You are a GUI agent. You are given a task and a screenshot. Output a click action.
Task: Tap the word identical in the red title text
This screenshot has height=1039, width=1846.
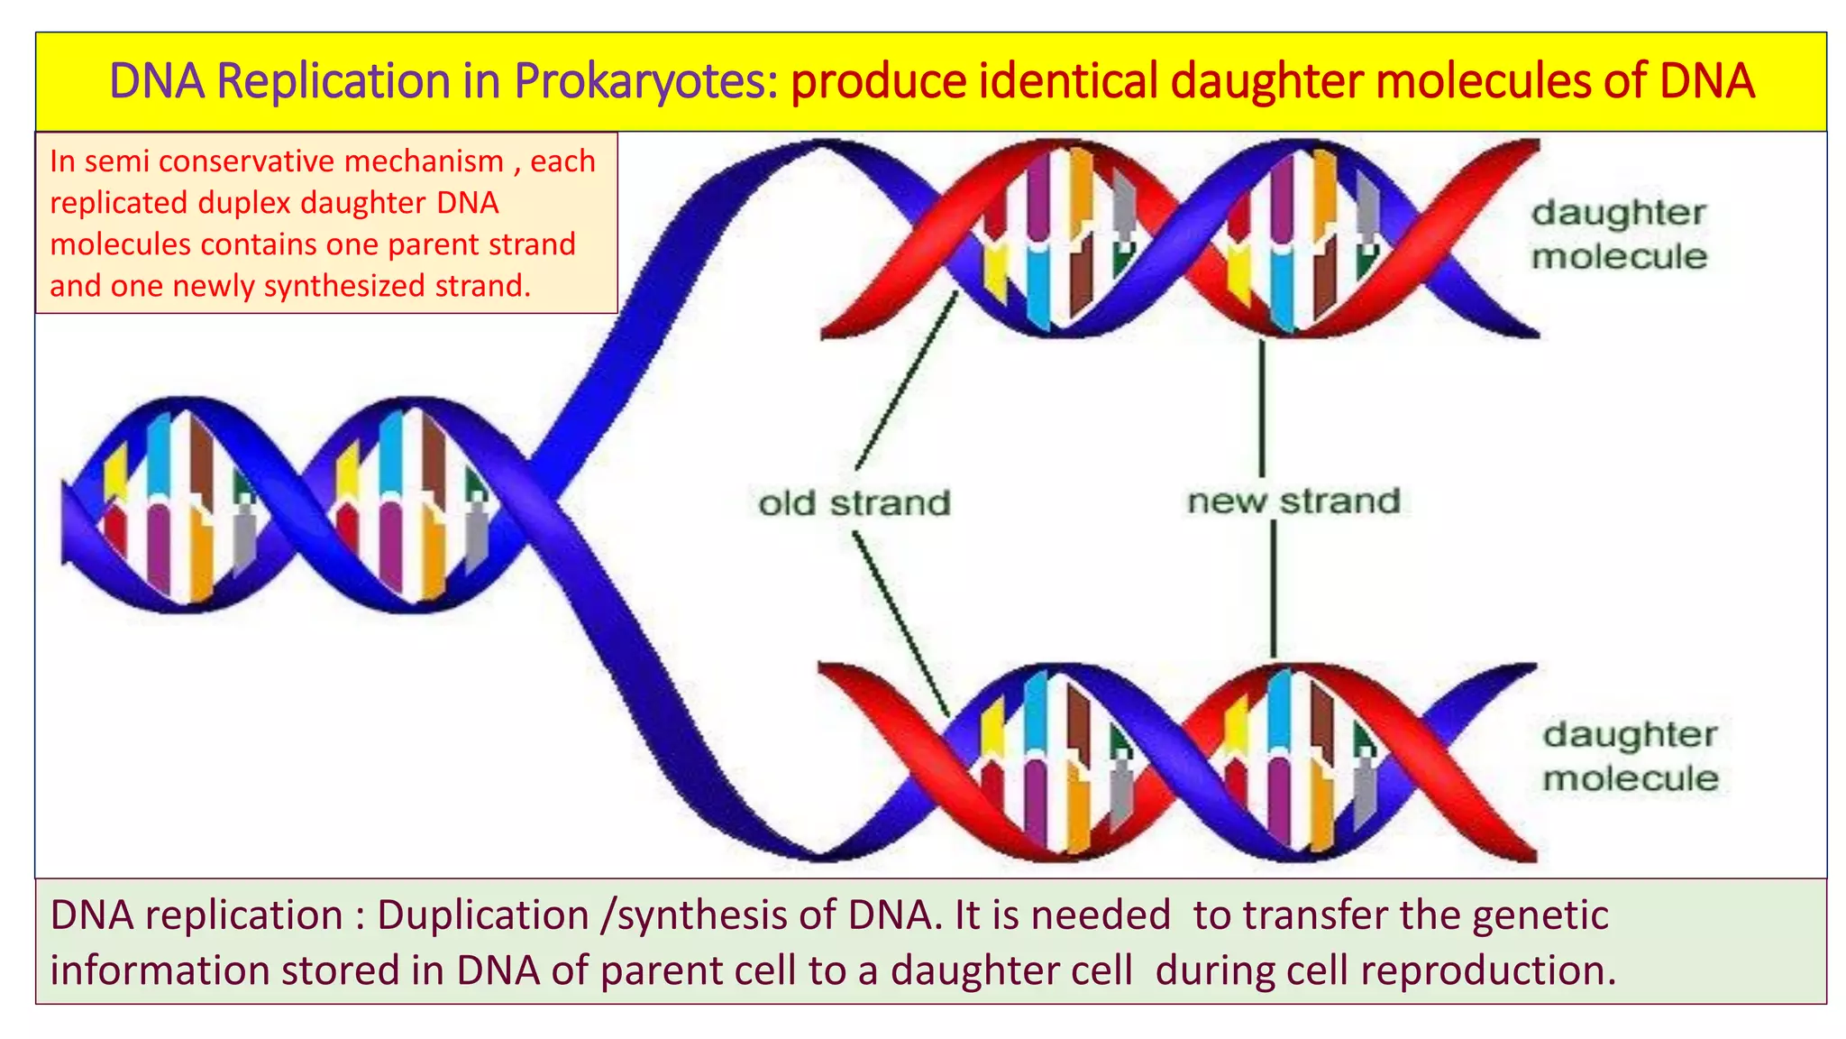coord(1067,81)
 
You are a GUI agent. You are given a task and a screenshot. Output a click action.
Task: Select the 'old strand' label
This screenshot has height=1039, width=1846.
coord(854,503)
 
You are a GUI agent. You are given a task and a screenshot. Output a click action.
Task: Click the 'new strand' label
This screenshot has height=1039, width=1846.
coord(1293,501)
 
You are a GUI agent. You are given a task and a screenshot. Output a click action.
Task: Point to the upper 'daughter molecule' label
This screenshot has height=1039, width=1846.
coord(1619,234)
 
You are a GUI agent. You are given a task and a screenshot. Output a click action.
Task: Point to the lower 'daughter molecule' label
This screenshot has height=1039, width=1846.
coord(1630,756)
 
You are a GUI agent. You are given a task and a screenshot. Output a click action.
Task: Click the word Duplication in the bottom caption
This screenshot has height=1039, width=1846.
coord(482,915)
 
